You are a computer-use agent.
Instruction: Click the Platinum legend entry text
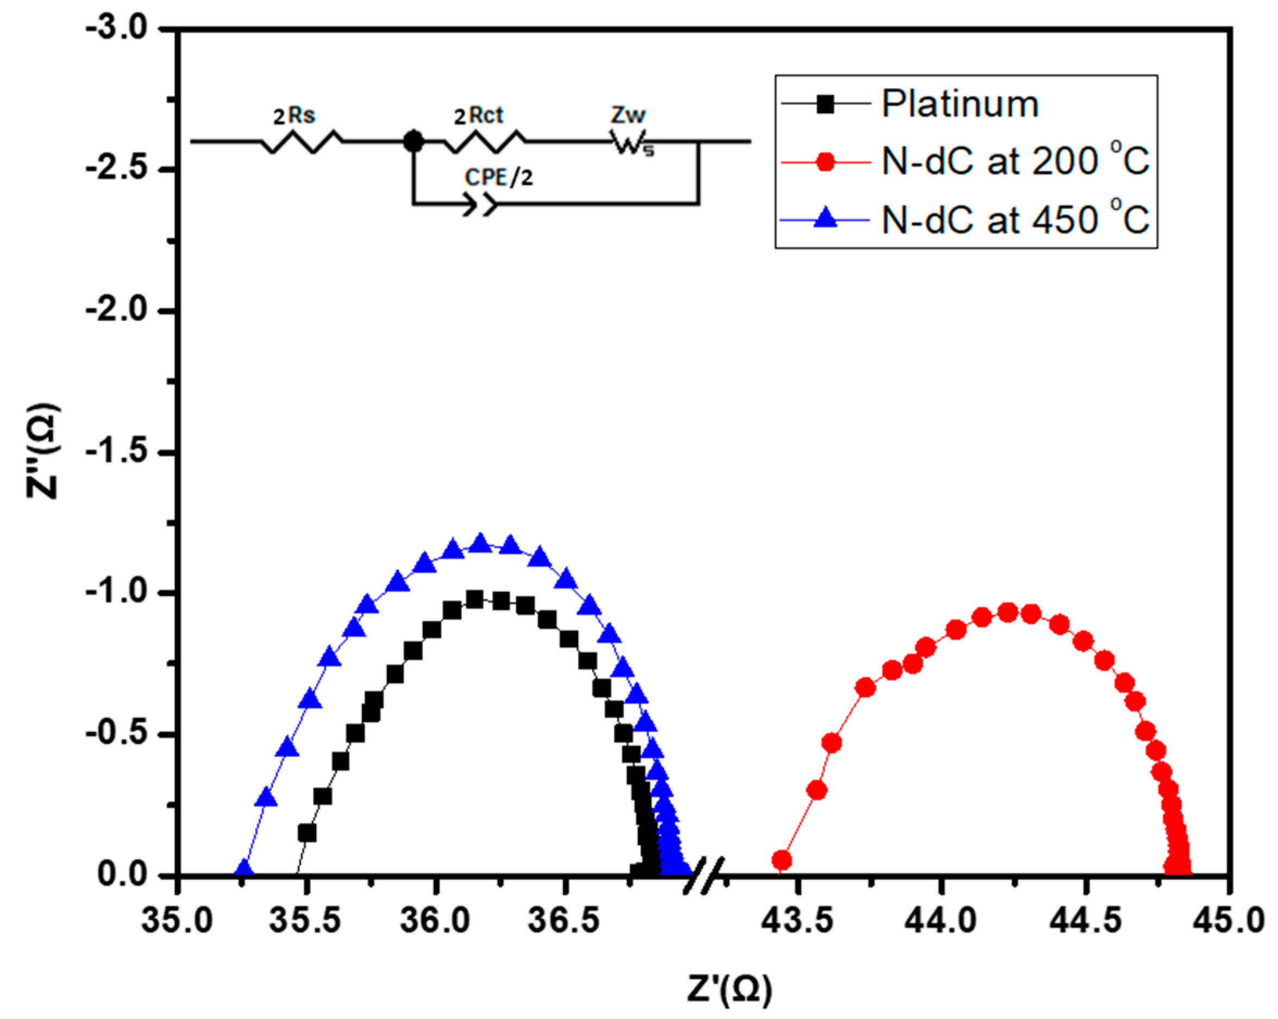960,104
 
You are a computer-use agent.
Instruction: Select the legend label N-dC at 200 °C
1015,161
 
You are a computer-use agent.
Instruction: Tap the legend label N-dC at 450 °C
1015,220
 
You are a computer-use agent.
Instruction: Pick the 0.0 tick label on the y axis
122,875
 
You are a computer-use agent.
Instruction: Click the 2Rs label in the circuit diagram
294,116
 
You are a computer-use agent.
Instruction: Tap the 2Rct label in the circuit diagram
478,116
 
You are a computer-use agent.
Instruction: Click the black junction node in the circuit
413,142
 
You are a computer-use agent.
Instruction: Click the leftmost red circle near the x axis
782,860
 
